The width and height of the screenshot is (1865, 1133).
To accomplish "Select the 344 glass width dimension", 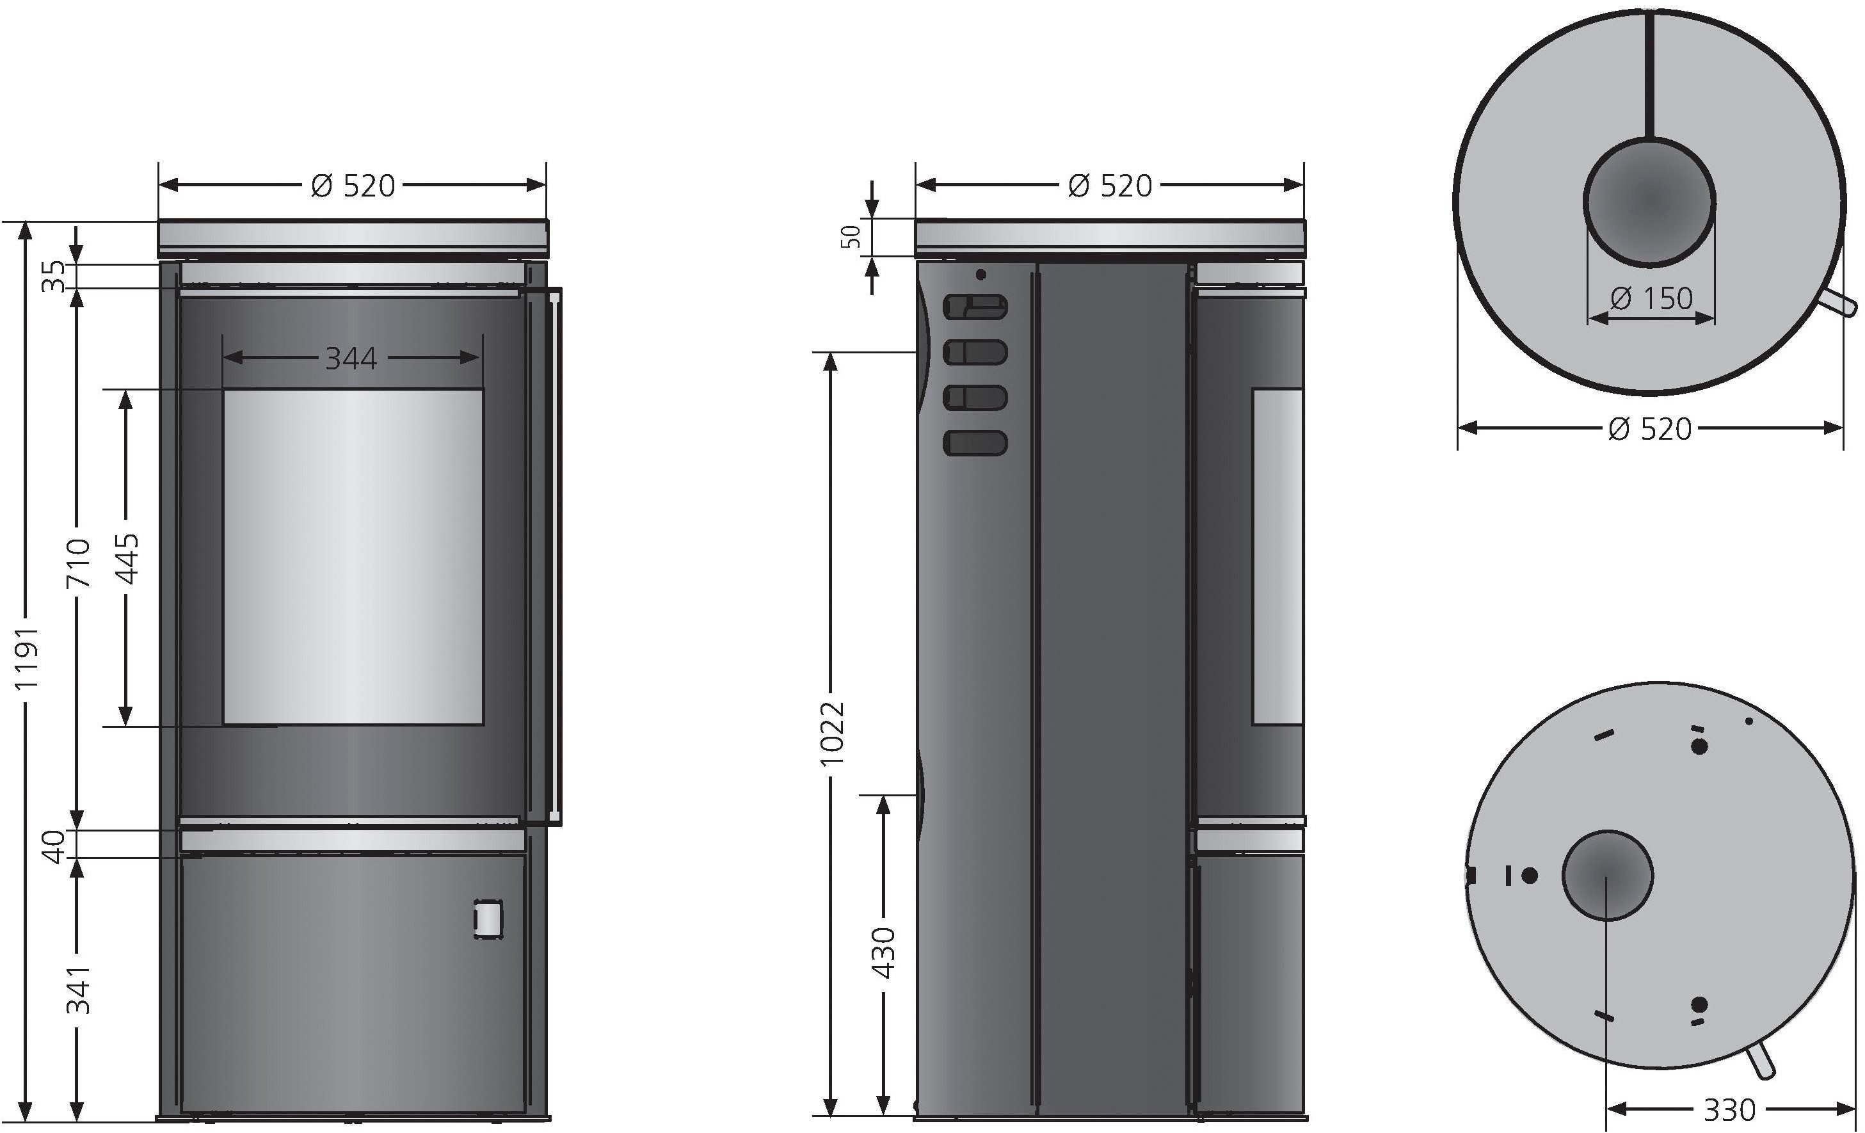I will [x=351, y=358].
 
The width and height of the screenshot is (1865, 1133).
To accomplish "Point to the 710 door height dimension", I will [x=78, y=561].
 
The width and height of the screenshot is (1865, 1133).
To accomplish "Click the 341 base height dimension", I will [x=78, y=989].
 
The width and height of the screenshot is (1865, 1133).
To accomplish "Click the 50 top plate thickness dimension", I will [x=852, y=237].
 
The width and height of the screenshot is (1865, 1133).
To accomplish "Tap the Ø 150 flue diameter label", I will [x=1651, y=299].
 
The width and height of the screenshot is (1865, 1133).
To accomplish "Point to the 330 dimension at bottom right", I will [x=1729, y=1111].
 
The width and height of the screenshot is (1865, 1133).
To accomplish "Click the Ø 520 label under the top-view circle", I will [x=1650, y=429].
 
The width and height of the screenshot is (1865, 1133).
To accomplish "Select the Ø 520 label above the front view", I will [x=353, y=186].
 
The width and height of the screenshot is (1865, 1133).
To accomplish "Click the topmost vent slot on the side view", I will [x=975, y=307].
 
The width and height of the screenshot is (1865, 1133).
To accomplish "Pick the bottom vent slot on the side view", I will [x=975, y=443].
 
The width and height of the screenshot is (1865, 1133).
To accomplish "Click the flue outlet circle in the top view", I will [x=1650, y=203].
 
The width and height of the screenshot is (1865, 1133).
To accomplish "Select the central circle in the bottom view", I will [x=1608, y=875].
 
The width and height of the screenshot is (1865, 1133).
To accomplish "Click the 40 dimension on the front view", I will [x=53, y=846].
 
